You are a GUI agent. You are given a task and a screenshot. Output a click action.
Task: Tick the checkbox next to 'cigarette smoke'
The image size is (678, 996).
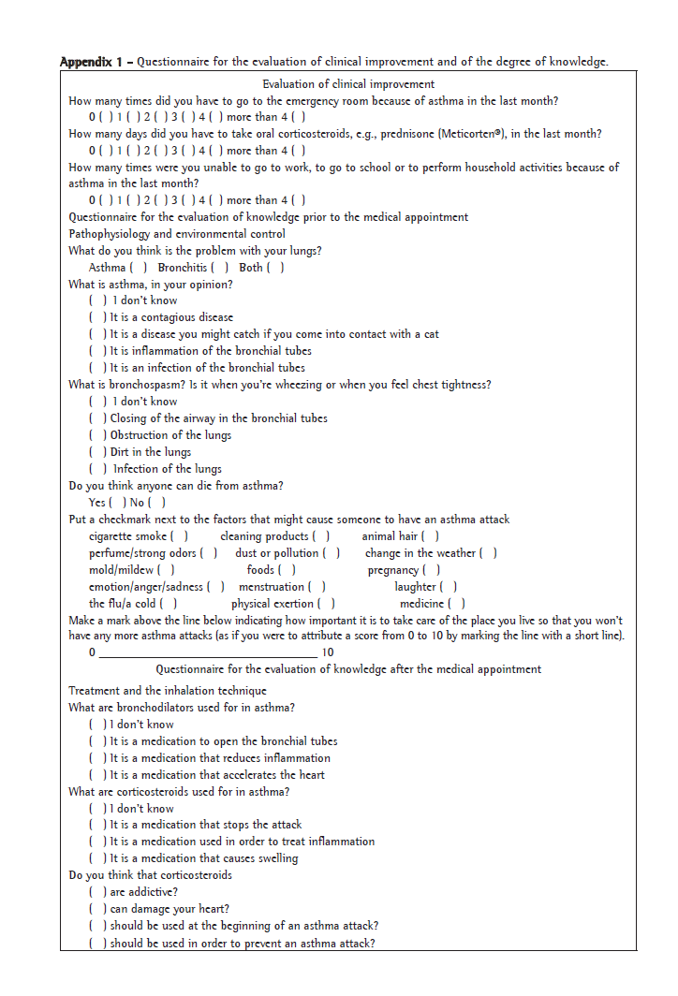tap(179, 536)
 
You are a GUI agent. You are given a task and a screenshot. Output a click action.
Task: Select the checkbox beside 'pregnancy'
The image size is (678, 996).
tap(431, 570)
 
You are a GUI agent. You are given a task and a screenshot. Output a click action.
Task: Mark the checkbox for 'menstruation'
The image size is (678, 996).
tap(317, 587)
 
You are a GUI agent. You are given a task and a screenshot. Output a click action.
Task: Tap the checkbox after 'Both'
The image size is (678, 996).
tap(275, 268)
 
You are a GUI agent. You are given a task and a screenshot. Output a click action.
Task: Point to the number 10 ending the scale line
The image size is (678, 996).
tap(327, 652)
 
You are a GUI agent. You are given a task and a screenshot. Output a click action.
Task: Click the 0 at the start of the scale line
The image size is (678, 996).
tap(92, 652)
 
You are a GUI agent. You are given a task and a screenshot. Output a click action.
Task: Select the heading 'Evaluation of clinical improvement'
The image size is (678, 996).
tap(348, 84)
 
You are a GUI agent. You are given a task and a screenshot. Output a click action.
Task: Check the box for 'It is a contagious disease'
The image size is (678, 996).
tap(97, 318)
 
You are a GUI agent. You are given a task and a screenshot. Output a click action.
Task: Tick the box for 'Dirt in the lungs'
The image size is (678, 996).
tap(97, 452)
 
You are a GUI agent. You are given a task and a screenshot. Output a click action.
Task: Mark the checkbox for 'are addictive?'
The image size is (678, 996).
tap(97, 893)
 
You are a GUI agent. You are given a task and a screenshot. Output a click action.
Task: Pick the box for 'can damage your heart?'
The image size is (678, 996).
tap(97, 910)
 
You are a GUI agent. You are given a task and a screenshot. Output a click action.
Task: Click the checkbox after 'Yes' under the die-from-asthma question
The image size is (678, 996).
tap(116, 503)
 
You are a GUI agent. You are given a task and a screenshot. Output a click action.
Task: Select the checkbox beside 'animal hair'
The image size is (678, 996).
tap(430, 536)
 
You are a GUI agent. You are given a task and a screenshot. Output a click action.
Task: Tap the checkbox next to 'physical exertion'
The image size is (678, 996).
tap(327, 604)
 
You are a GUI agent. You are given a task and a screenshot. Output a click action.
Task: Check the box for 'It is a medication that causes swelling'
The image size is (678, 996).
tap(97, 859)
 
